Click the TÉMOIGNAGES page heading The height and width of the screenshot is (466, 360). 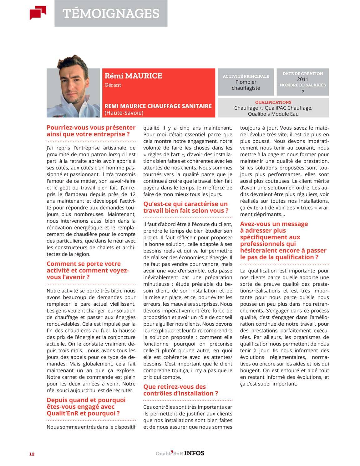point(111,13)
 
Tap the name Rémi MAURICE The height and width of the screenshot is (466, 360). point(133,76)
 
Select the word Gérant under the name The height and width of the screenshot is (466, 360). point(113,85)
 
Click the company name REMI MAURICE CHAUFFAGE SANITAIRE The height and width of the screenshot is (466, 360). point(158,106)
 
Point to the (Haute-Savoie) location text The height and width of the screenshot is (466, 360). point(124,113)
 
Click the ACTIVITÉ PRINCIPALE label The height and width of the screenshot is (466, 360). point(246,76)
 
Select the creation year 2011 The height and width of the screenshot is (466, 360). point(302,79)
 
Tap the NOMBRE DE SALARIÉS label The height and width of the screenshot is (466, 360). point(302,85)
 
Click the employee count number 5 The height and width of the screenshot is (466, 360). point(302,91)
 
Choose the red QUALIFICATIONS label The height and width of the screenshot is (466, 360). point(273,102)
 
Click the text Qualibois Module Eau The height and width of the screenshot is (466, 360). point(273,114)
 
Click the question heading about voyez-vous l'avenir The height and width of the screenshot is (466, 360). point(88,270)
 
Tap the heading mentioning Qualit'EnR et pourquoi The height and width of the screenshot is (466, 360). point(86,406)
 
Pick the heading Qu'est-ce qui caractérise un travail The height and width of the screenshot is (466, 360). point(186,207)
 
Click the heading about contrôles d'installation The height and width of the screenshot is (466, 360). point(180,390)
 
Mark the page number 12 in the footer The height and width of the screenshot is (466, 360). point(32,454)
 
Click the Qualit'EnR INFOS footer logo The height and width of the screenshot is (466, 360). point(180,453)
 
